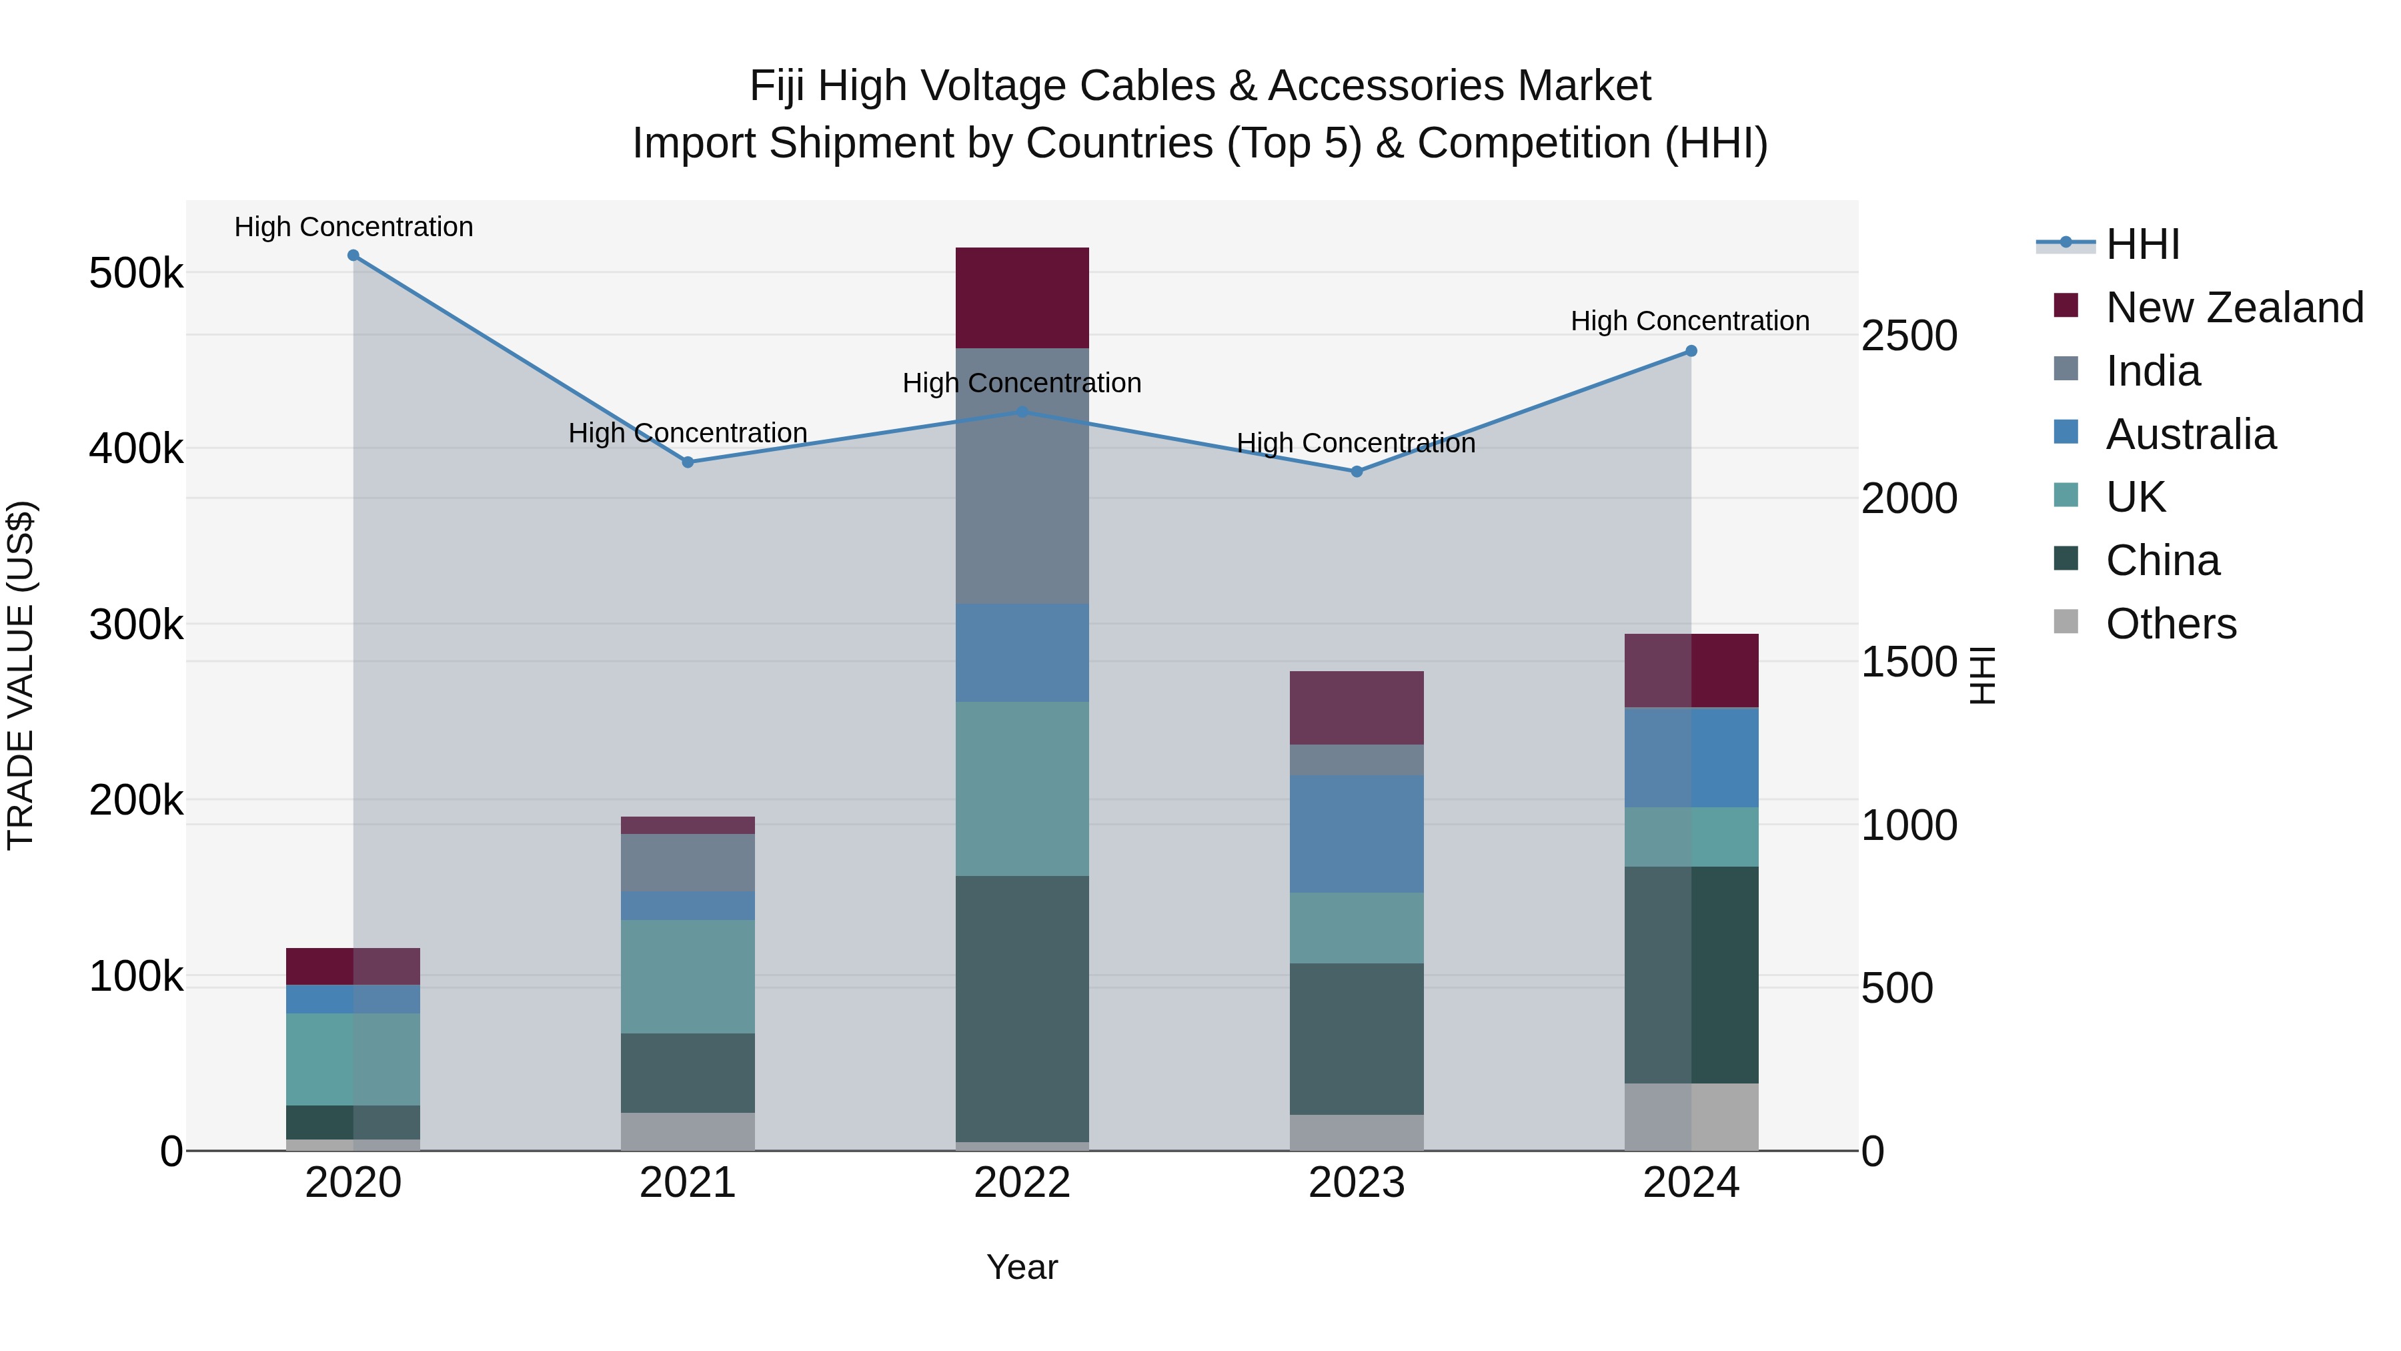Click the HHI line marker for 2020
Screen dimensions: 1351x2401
(x=353, y=256)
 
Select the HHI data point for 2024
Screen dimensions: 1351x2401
(x=1691, y=352)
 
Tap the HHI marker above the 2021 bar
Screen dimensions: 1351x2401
(x=688, y=462)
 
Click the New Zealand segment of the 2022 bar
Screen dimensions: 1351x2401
(x=1022, y=298)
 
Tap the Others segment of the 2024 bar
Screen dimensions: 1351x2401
(x=1691, y=1116)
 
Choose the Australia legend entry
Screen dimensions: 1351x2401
(x=2190, y=434)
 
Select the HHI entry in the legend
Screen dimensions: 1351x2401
(x=2142, y=244)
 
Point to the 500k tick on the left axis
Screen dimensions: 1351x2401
(x=136, y=274)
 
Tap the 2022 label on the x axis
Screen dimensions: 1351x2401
(x=1022, y=1183)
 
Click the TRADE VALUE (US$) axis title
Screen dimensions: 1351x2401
(x=21, y=675)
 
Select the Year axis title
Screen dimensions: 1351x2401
(x=1022, y=1267)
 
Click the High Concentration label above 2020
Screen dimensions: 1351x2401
(x=353, y=227)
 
